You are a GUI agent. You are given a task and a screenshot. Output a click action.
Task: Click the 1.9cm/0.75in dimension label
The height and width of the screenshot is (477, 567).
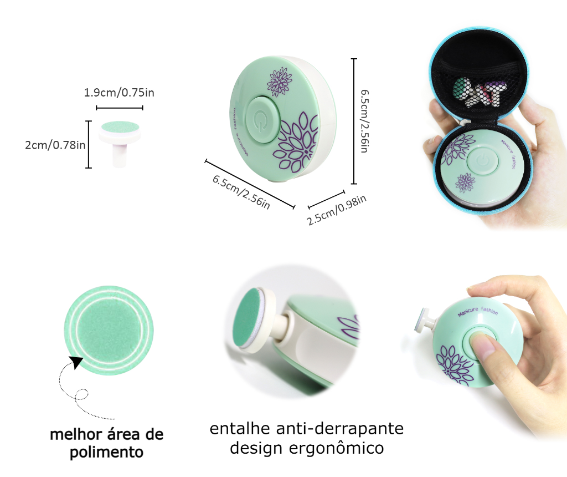coord(119,92)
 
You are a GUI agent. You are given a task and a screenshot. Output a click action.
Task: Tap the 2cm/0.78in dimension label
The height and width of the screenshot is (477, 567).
coord(55,145)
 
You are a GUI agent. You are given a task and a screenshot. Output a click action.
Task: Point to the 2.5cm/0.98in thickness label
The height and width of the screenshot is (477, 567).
coord(337,210)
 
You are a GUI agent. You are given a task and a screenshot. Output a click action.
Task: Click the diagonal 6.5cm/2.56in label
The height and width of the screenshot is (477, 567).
coord(241,192)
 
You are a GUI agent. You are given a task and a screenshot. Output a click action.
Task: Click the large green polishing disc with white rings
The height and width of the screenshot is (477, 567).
coord(107,331)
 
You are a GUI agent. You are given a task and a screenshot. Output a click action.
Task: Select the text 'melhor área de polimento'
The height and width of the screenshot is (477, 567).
coord(106,443)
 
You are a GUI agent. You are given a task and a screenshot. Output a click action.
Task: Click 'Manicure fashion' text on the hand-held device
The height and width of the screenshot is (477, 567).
coord(478,313)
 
